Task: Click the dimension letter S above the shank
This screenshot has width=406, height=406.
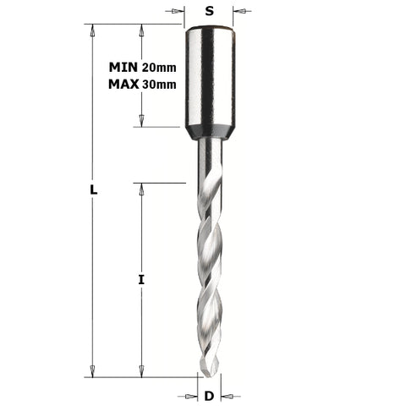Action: coord(209,11)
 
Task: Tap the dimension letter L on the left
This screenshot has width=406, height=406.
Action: coord(94,190)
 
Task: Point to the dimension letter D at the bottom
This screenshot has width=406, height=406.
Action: coord(209,395)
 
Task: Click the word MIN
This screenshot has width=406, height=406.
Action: coord(125,67)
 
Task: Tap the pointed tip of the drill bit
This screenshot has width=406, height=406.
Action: coord(209,376)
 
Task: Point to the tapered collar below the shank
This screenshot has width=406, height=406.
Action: coord(209,132)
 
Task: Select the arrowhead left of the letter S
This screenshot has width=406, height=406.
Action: coord(179,12)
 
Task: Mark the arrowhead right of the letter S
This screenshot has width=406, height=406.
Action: coord(239,12)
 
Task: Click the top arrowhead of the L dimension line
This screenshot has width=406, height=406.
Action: coord(91,29)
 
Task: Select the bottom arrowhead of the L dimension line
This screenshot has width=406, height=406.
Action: coord(91,371)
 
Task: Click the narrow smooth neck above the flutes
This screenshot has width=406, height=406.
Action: coord(209,161)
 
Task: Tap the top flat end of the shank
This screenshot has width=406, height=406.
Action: coord(209,28)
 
